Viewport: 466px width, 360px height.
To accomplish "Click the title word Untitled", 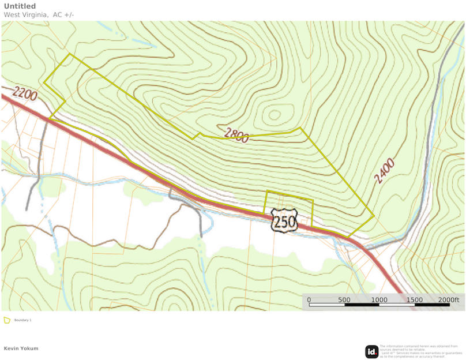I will (x=19, y=6).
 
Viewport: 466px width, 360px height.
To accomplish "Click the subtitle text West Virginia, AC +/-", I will (x=39, y=14).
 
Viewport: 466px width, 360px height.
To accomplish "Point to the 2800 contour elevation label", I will (x=236, y=136).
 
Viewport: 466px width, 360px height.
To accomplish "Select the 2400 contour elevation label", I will (x=384, y=171).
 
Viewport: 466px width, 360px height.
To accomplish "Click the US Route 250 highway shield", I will (x=284, y=220).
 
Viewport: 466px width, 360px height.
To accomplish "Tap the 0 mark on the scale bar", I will (x=309, y=300).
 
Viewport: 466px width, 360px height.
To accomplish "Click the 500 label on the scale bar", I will (x=344, y=300).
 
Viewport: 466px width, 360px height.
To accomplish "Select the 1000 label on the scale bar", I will (x=379, y=300).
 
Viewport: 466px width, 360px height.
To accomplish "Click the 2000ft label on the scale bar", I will (x=448, y=300).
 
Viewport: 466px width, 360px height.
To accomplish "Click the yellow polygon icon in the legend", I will (x=7, y=320).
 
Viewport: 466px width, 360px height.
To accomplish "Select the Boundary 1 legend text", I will (x=22, y=320).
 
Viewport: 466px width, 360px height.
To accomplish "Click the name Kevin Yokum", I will (x=21, y=348).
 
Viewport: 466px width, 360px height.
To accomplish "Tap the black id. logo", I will (x=371, y=351).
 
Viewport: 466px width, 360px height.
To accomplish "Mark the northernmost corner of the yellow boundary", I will (x=70, y=54).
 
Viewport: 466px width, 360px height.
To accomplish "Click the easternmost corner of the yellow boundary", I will (x=374, y=216).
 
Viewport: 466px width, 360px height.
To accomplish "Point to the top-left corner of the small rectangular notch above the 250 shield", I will (x=266, y=191).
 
